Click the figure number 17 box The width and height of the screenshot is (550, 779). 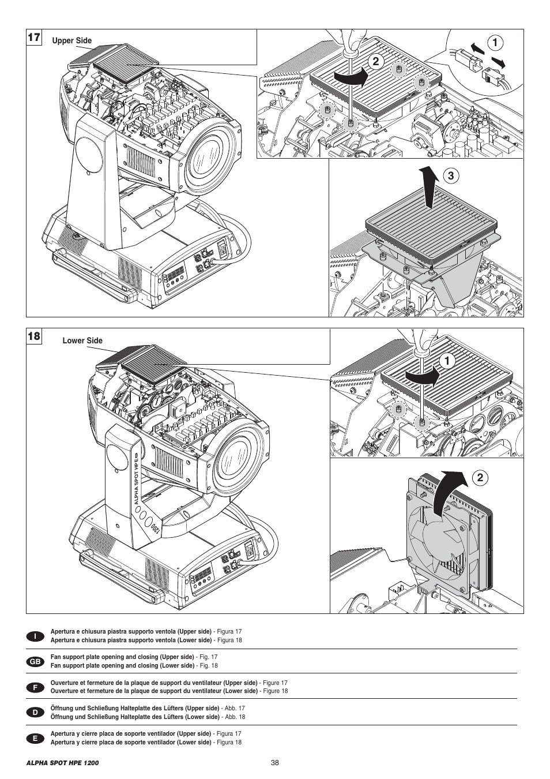coord(33,38)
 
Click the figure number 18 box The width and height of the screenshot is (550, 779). coord(33,336)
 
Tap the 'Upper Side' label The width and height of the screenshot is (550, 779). coord(72,41)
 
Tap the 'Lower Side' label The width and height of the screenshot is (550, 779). coord(82,340)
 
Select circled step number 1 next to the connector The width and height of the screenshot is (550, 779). coord(495,42)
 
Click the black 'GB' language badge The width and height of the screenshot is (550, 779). coord(35,661)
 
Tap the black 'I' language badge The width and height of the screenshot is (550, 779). coord(35,636)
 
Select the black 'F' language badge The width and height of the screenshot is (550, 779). coord(35,687)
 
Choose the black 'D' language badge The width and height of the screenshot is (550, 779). coord(35,712)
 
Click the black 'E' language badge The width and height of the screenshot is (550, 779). coord(35,738)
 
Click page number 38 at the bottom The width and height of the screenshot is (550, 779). coord(274,762)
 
